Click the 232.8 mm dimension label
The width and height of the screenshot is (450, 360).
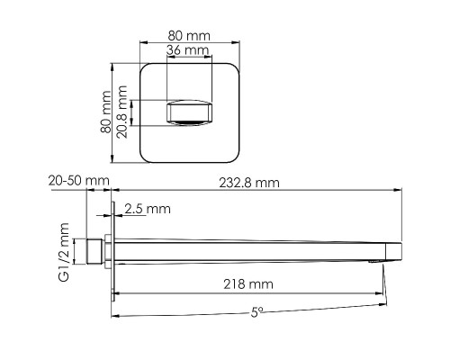[249, 183]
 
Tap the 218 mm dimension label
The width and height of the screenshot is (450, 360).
[248, 284]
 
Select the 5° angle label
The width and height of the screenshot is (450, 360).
[256, 312]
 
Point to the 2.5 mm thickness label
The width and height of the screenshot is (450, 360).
[148, 209]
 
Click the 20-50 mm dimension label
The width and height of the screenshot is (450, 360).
[79, 181]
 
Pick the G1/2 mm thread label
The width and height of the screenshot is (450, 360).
[64, 252]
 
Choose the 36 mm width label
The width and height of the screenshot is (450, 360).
[187, 49]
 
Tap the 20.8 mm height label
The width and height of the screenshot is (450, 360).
[122, 112]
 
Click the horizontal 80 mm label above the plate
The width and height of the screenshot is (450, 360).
[189, 36]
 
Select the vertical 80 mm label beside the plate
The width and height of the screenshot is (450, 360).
[105, 112]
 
